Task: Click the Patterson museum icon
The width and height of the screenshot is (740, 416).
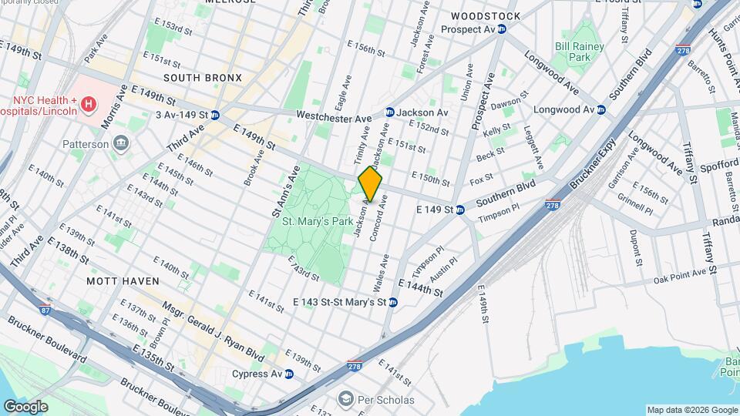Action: (120, 143)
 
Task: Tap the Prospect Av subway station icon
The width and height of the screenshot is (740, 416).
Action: (502, 29)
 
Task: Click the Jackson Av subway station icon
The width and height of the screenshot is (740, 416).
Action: (390, 112)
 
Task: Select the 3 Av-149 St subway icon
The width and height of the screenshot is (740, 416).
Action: (216, 115)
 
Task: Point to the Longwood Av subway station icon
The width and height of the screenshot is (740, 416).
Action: (601, 109)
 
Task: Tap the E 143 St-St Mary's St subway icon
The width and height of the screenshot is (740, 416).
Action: (393, 302)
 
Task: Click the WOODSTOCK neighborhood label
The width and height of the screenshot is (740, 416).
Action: (486, 15)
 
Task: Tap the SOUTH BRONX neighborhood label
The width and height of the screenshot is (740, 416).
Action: (203, 78)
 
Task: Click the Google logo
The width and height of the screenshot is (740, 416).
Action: (25, 406)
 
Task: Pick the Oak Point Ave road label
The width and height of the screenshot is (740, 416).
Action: (681, 276)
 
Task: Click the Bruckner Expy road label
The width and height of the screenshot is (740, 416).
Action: (594, 163)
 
